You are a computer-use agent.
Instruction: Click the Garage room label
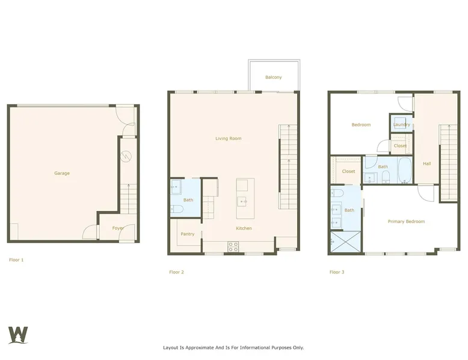click(x=62, y=173)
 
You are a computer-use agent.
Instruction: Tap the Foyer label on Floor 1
click(x=118, y=228)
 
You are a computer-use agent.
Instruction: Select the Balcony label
click(x=273, y=78)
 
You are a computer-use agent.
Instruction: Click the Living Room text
click(x=229, y=138)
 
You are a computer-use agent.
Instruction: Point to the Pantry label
click(x=188, y=234)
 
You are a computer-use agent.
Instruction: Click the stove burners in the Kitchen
click(x=233, y=246)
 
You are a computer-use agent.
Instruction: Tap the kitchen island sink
click(x=242, y=201)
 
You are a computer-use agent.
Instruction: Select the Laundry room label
click(x=401, y=124)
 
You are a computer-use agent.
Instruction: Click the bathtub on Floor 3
click(x=405, y=170)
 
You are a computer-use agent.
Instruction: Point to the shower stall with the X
click(x=346, y=242)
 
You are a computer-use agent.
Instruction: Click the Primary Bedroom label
click(x=406, y=221)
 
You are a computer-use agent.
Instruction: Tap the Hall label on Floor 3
click(x=427, y=163)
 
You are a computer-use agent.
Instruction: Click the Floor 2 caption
click(x=176, y=272)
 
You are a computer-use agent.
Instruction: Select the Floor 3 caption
click(x=337, y=272)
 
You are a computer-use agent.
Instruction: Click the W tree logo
click(x=18, y=335)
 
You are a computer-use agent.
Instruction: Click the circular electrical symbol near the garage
click(x=126, y=156)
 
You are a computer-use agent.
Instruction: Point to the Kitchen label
click(x=244, y=228)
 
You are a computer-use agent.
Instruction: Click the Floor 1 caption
click(x=16, y=260)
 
